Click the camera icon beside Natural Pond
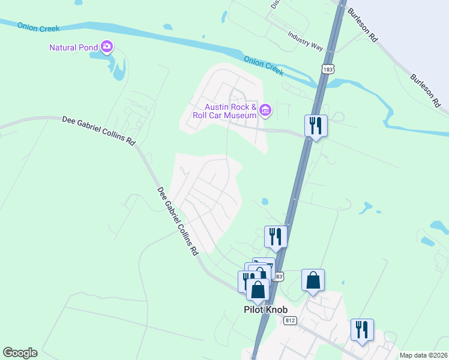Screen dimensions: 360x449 (x=107, y=46)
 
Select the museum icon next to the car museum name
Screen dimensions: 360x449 (x=265, y=110)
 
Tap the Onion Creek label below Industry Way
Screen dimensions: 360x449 (x=263, y=65)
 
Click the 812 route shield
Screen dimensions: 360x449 (x=291, y=320)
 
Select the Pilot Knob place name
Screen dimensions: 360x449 (x=265, y=310)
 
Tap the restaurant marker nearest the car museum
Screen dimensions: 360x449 (x=316, y=126)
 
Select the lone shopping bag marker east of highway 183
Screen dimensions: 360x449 (x=313, y=280)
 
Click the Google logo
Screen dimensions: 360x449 (x=20, y=353)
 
